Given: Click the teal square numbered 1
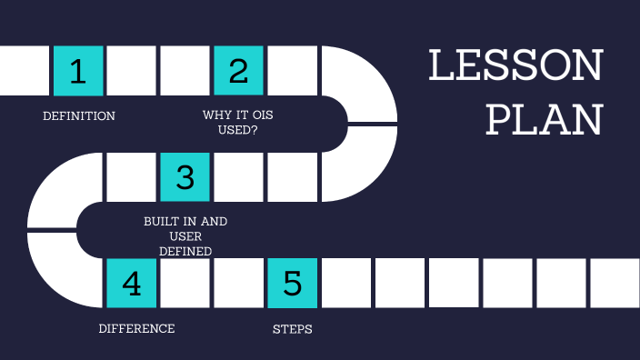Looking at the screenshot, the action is [x=78, y=70].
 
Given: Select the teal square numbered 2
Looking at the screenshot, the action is [x=238, y=70].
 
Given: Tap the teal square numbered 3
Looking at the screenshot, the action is [x=185, y=176].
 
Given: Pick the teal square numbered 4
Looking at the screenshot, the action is [x=132, y=283].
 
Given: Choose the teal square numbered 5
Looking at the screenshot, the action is [x=292, y=283].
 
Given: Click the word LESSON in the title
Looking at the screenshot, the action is [x=515, y=67].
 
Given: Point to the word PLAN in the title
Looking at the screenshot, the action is [x=544, y=118].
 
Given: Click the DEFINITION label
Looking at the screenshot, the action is [x=79, y=116].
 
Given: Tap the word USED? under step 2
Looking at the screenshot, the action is [x=239, y=131].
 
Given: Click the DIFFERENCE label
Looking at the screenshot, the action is [x=136, y=328].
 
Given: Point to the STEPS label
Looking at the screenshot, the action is [x=292, y=329].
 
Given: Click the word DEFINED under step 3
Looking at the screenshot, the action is [x=185, y=251].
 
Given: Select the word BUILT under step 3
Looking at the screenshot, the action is [x=163, y=221].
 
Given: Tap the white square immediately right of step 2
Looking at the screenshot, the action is [x=292, y=70].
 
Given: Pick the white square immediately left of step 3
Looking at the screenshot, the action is [x=132, y=176].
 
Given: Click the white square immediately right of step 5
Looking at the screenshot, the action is [x=345, y=283].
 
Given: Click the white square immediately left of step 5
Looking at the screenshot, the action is [x=238, y=283].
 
